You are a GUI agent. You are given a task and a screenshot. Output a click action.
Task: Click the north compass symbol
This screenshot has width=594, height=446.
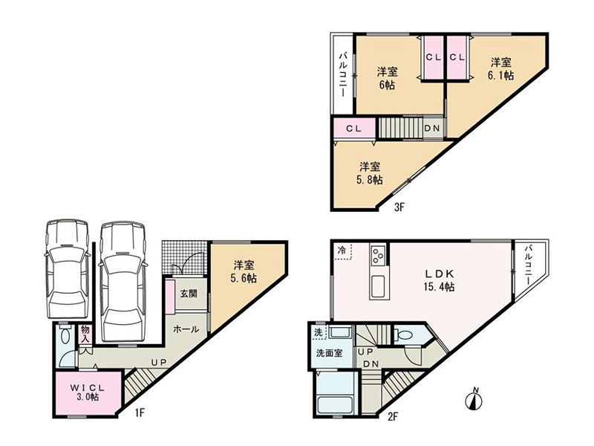(474, 398)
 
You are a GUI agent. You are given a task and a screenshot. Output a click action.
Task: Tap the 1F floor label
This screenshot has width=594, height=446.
(140, 413)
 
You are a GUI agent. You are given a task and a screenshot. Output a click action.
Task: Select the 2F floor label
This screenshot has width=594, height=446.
(393, 416)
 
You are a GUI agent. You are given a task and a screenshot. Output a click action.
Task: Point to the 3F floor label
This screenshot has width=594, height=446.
(399, 207)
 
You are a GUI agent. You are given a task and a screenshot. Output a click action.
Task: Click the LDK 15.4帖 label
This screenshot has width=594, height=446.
(439, 280)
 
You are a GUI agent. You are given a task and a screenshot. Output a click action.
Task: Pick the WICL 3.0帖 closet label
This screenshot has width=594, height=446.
(87, 392)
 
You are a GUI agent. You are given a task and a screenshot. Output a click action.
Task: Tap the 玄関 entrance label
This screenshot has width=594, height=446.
(189, 293)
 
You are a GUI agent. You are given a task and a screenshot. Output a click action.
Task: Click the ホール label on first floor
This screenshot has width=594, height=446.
(186, 329)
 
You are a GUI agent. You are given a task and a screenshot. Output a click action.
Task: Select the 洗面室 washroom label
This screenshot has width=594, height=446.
(330, 352)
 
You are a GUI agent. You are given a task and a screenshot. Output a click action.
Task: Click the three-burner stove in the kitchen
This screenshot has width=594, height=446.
(379, 255)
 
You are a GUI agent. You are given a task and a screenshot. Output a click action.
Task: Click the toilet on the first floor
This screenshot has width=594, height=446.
(65, 337)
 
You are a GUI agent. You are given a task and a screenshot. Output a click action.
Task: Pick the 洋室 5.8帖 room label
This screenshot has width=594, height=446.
(370, 173)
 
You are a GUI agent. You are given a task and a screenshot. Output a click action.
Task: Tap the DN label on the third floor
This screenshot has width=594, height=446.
(432, 128)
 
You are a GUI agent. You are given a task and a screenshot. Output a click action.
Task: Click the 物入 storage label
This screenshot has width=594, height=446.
(85, 334)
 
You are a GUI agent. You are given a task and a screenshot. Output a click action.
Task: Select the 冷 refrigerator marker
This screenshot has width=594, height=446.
(342, 251)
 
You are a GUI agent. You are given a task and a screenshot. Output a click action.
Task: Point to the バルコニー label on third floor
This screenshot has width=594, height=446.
(343, 74)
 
